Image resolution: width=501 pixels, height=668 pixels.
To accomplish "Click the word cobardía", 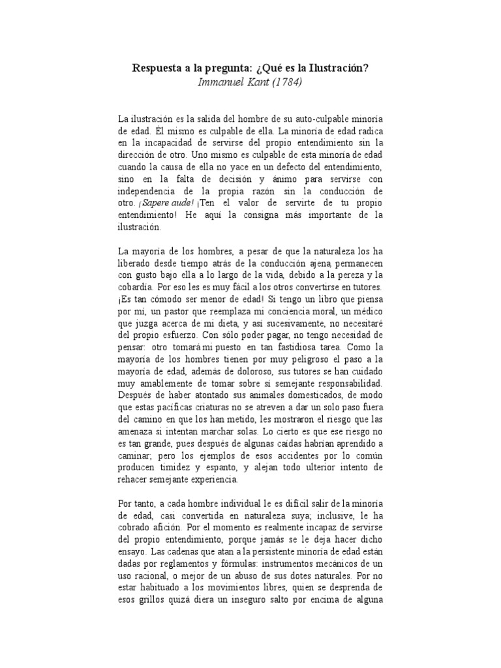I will tap(137, 287).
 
